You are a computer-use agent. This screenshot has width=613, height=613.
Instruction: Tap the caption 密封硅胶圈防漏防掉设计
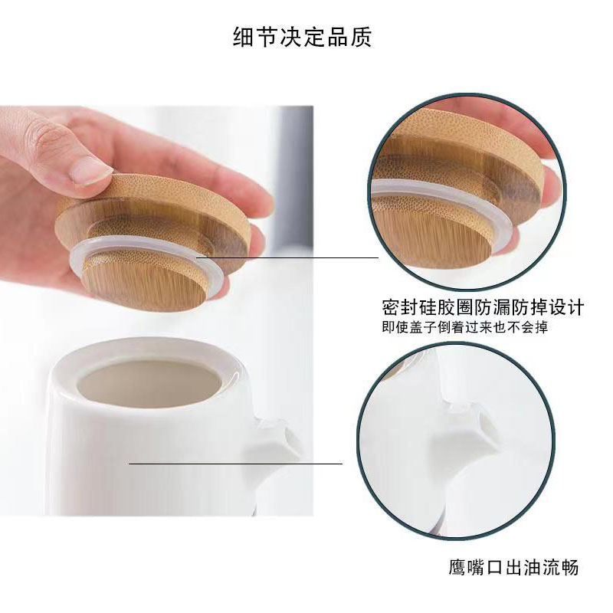(x=483, y=308)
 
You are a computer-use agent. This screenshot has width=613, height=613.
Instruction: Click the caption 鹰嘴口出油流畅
(x=513, y=568)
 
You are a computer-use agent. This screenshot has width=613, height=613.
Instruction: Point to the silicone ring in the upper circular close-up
(x=429, y=192)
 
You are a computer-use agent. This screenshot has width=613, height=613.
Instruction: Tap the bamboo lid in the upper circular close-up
(x=460, y=153)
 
